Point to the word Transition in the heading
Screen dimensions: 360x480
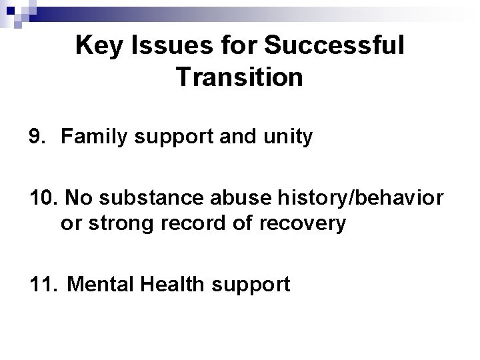[240, 77]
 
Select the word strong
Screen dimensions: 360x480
[119, 223]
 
